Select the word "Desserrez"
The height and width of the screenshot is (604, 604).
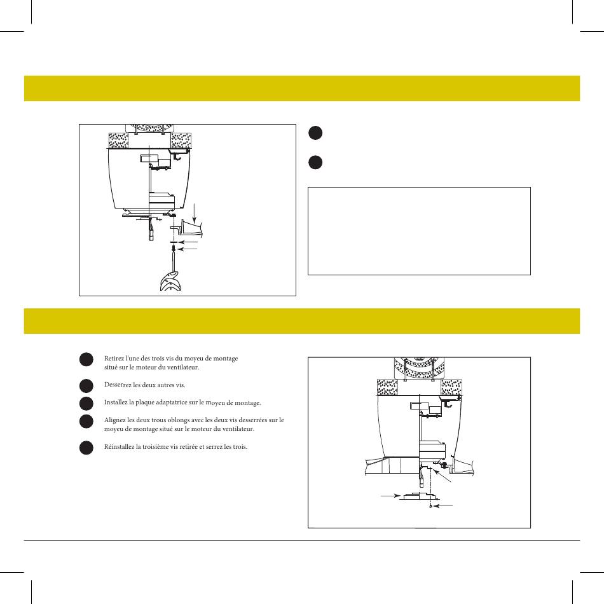(x=118, y=385)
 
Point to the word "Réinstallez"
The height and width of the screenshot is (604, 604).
(x=119, y=446)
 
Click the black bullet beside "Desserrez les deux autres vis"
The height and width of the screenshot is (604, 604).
(x=86, y=385)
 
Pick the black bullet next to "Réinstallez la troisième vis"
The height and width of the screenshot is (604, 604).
(x=86, y=448)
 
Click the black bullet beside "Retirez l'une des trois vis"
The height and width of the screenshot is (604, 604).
(x=86, y=359)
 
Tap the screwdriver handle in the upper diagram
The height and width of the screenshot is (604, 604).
(x=170, y=281)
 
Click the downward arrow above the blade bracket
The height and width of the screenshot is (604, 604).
(x=195, y=212)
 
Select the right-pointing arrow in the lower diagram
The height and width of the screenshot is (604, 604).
(x=390, y=496)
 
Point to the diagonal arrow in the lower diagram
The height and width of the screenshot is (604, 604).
(x=442, y=476)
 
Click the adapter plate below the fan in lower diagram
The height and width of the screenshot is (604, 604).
(x=417, y=496)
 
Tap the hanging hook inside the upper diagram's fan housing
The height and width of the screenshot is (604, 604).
(x=176, y=156)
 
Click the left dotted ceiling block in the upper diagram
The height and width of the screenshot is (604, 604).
(x=119, y=141)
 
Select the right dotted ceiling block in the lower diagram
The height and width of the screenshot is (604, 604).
(x=451, y=387)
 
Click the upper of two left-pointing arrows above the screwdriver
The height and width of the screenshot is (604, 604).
(x=188, y=242)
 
